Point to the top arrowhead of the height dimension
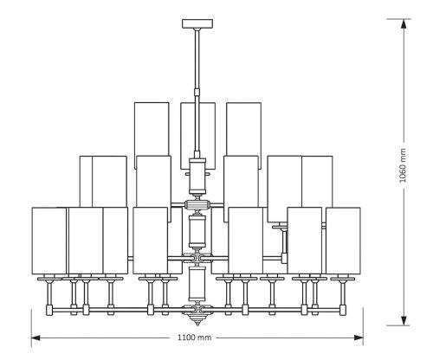(403, 23)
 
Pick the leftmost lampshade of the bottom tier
(48, 239)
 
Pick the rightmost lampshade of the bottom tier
(343, 239)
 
